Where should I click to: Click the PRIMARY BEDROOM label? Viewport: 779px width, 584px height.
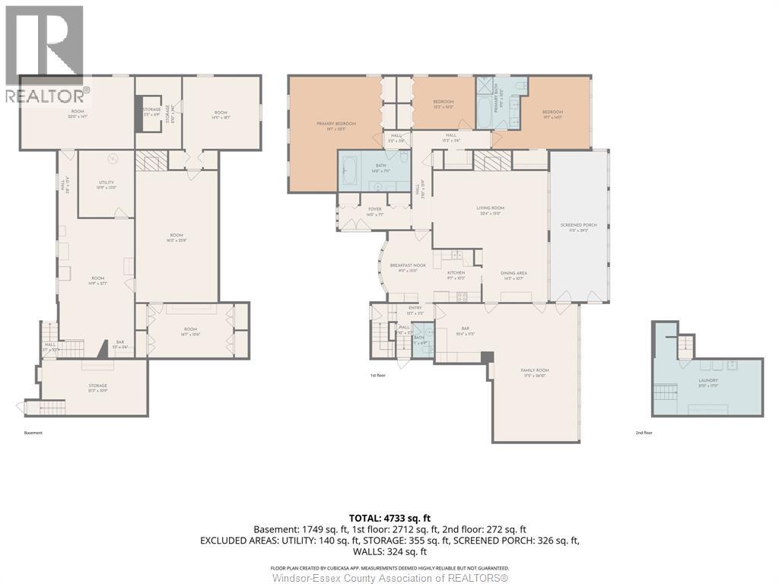point(336,124)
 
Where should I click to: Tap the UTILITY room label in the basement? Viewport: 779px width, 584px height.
point(106,184)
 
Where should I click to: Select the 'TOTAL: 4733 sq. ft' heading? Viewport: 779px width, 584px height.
point(389,518)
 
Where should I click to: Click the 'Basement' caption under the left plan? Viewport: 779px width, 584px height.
point(33,433)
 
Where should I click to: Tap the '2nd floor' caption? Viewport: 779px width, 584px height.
point(644,433)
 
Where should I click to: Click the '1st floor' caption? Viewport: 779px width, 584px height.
point(378,375)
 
